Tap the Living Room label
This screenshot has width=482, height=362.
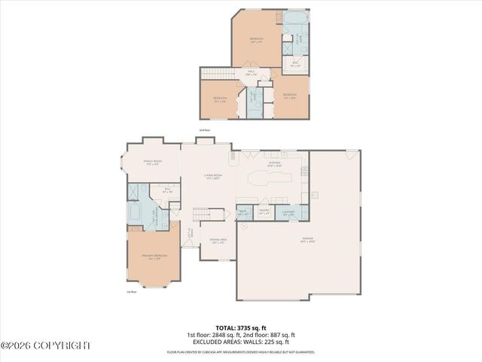tap(212, 177)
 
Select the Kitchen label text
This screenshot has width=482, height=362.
tap(275, 163)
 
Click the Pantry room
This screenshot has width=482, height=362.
tap(264, 213)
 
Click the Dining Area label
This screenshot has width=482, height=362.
tap(219, 241)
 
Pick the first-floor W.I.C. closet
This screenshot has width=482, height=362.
tap(168, 192)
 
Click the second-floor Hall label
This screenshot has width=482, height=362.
tap(249, 74)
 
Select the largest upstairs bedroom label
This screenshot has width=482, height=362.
tap(257, 39)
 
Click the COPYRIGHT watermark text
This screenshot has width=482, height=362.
tap(45, 345)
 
